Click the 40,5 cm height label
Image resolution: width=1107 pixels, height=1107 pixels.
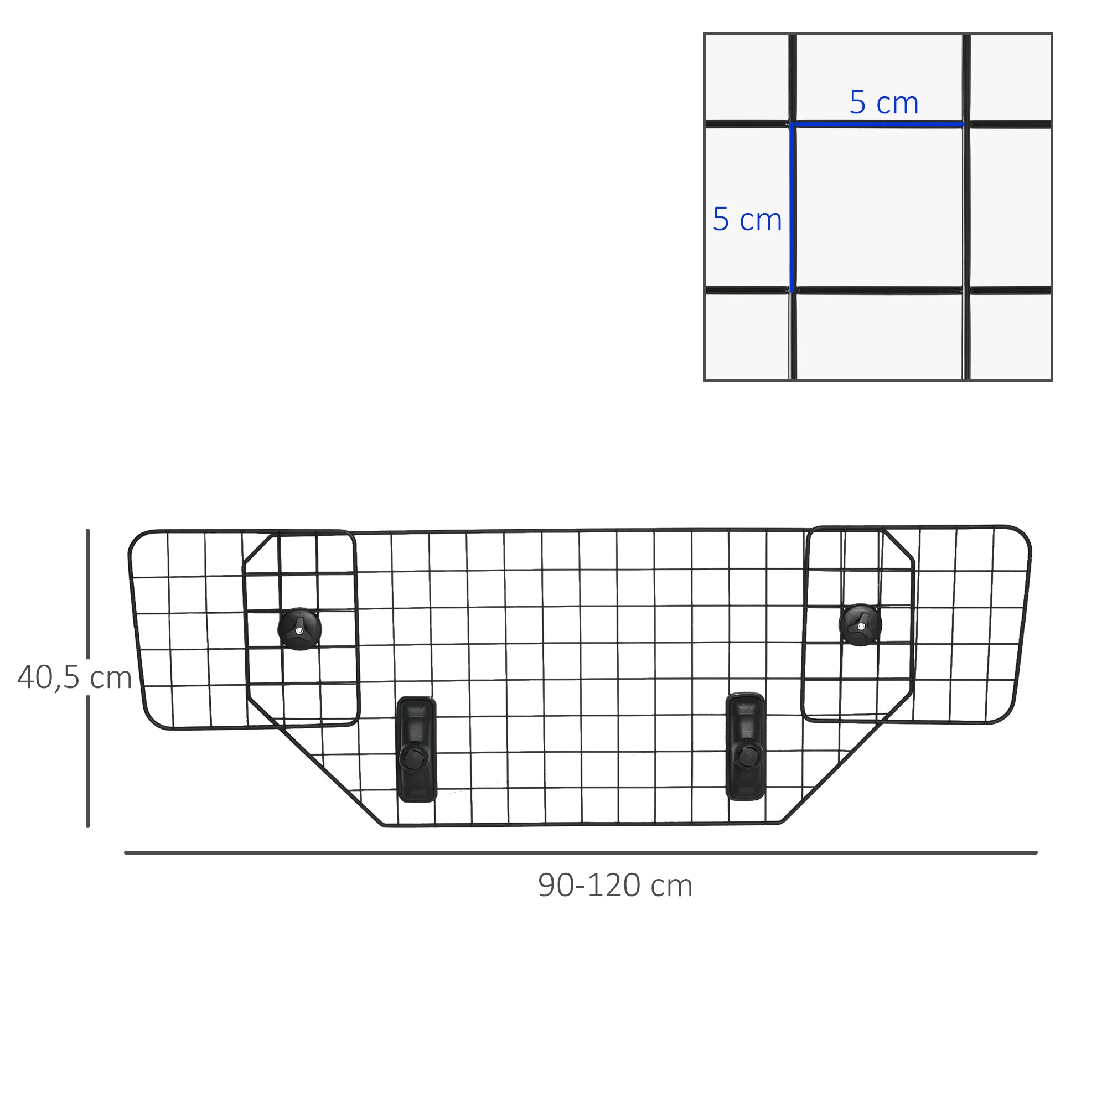[75, 678]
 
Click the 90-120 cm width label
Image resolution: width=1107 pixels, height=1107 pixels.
[615, 885]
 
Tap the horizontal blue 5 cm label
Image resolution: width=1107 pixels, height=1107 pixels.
[883, 102]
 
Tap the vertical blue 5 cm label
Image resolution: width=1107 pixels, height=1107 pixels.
[747, 219]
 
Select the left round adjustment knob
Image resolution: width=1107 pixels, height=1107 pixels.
[299, 629]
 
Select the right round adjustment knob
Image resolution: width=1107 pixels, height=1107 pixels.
[860, 624]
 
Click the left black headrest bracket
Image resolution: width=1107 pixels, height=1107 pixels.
[417, 748]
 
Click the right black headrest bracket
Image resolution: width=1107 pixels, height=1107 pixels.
[746, 746]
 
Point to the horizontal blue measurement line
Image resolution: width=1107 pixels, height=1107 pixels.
[879, 124]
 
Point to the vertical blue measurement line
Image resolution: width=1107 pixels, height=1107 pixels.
[793, 208]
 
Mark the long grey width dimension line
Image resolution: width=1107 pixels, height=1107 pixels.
[581, 852]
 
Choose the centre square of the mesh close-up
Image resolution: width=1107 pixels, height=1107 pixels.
[879, 208]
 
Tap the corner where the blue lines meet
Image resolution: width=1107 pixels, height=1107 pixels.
[793, 124]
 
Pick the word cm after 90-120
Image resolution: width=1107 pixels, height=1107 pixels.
[671, 886]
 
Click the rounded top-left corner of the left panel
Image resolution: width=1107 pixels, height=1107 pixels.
[135, 539]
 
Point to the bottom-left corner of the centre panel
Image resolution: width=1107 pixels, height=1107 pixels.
[384, 825]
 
